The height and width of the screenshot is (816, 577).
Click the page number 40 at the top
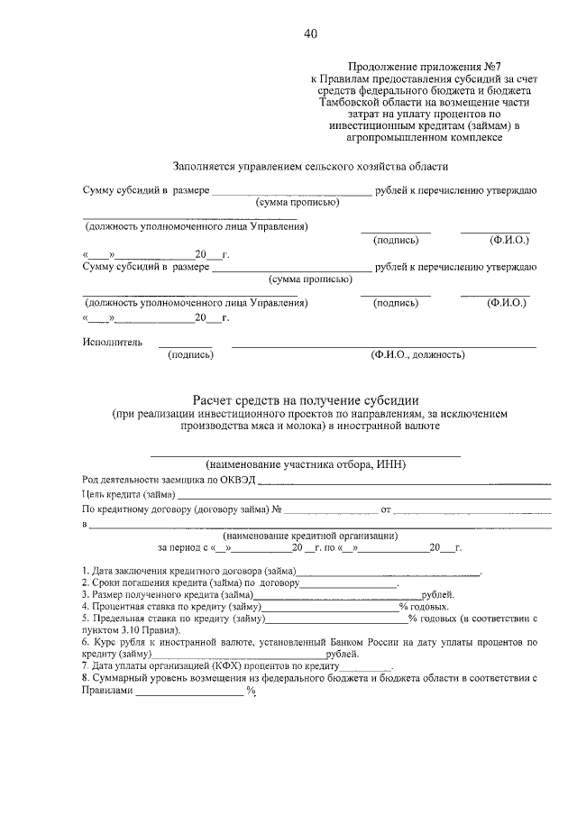click(x=310, y=34)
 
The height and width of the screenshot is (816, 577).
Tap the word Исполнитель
click(x=113, y=343)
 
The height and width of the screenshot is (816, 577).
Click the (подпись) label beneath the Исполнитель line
click(x=190, y=356)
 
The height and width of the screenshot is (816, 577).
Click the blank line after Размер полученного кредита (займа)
click(x=337, y=595)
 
